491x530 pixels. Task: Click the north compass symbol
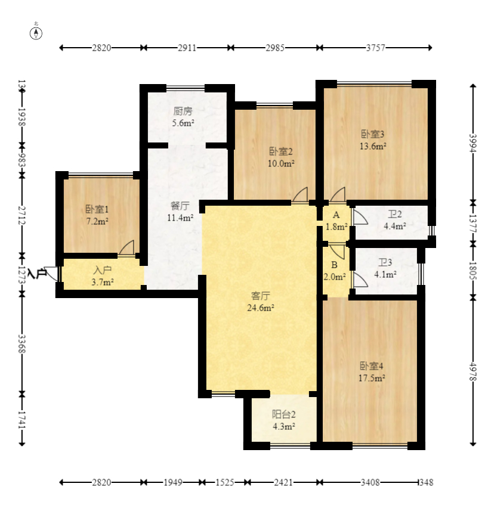pos(36,33)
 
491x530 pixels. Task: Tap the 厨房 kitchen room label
pos(183,111)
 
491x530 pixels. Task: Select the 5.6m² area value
pos(183,123)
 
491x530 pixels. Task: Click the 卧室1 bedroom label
pos(97,210)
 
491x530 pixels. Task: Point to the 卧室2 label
pos(281,151)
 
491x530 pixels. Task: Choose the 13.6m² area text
pos(373,146)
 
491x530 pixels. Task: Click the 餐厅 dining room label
pos(180,206)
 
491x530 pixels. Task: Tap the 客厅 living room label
pos(260,296)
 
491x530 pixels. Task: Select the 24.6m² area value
pos(260,308)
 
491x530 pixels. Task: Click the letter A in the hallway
pos(336,215)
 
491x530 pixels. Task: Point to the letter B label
pos(334,265)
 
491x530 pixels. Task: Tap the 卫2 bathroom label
pos(394,214)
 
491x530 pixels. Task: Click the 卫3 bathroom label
pos(385,262)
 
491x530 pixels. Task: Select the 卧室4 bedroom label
pos(371,366)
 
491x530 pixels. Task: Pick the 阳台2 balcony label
pos(284,414)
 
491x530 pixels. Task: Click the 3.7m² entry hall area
pos(103,282)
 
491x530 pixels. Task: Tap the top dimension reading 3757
pos(375,48)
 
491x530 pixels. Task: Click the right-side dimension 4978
pos(473,372)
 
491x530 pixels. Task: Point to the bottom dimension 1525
pos(225,482)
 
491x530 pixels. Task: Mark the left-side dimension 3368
pos(21,344)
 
